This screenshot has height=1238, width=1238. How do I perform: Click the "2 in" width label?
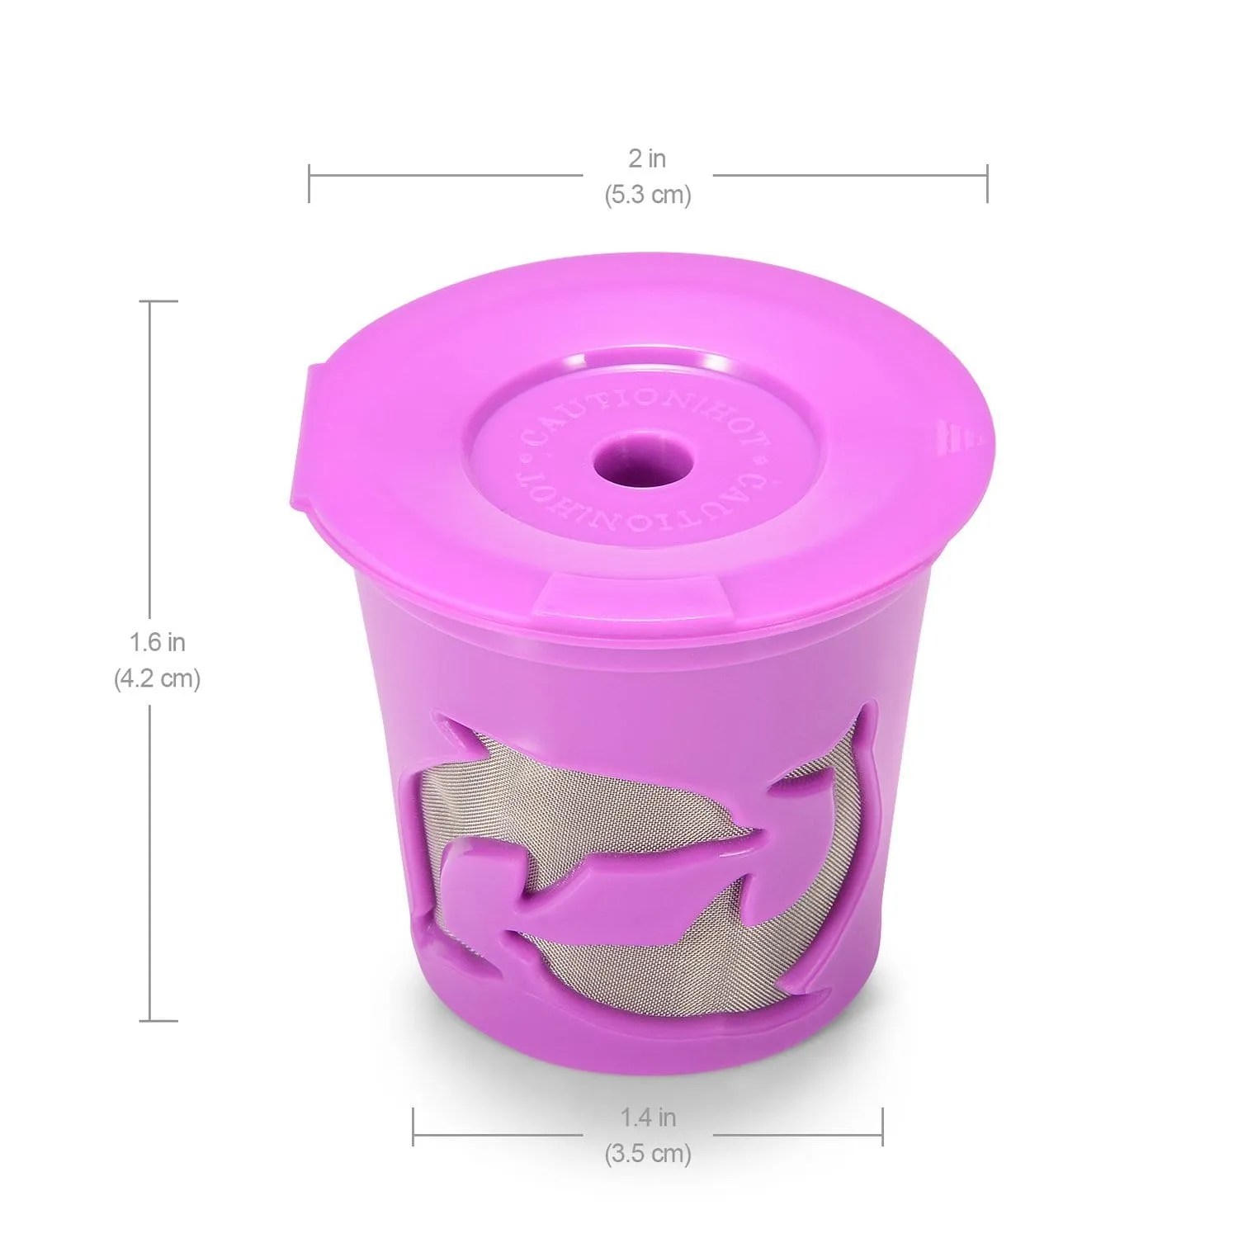[647, 158]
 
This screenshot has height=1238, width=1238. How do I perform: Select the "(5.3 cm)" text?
[647, 196]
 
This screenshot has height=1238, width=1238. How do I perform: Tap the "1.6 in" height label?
[157, 641]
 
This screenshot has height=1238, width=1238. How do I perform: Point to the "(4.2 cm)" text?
[157, 678]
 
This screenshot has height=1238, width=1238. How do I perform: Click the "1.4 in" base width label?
[648, 1118]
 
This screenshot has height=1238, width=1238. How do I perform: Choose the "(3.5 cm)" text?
[648, 1153]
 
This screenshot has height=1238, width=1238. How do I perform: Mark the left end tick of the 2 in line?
[309, 183]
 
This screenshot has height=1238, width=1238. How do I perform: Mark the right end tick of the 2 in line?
[987, 183]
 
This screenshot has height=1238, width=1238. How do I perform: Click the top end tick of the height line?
[163, 302]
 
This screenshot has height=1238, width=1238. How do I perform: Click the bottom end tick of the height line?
[163, 1020]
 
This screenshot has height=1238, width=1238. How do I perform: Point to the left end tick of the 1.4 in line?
[413, 1127]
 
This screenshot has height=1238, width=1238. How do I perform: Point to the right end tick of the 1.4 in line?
[882, 1127]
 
